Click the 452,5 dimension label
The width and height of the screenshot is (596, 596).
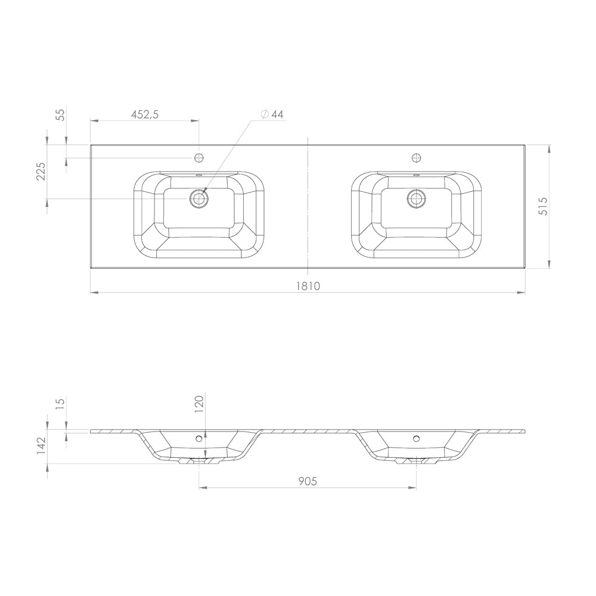coord(144,114)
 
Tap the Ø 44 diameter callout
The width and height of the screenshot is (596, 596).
coord(272,114)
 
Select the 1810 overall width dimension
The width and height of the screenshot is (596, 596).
coord(308,285)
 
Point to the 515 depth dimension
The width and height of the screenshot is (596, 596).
coord(544,206)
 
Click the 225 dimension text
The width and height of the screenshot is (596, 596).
coord(41,172)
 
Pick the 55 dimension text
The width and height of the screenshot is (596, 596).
coord(60,114)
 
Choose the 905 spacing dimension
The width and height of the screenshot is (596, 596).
coord(308,481)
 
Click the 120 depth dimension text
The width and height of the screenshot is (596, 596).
coord(200,404)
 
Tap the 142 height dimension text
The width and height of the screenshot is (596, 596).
coord(41,445)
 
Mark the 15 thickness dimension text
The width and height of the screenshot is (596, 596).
coord(60,402)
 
